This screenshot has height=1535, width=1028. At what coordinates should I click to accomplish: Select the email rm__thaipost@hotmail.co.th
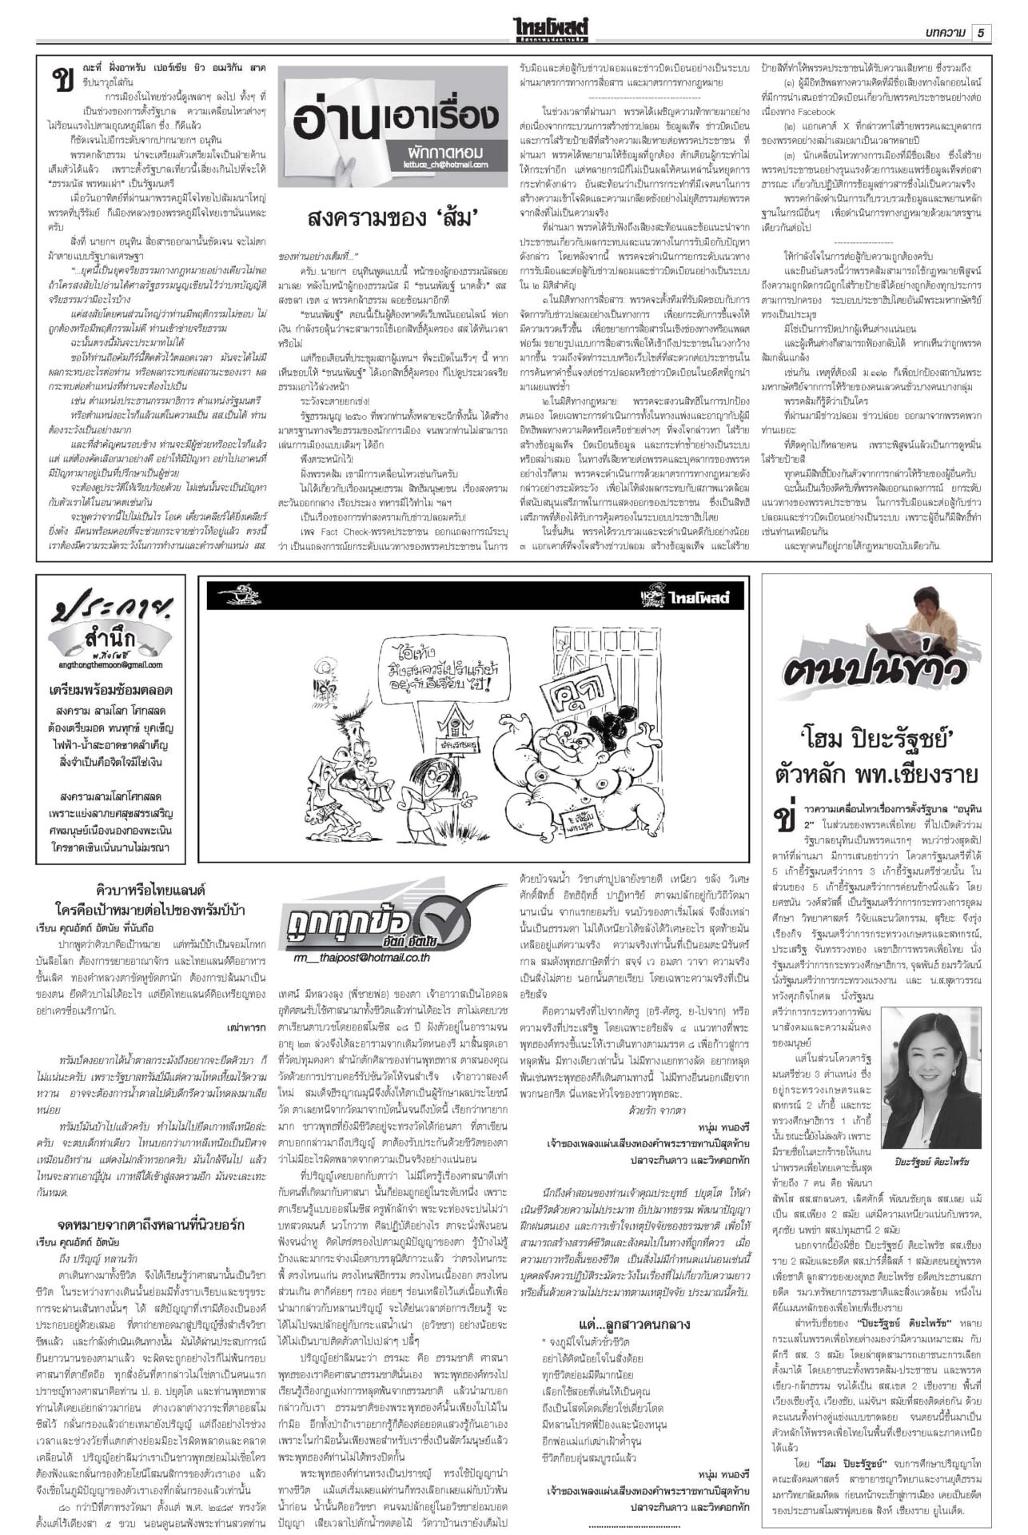[361, 955]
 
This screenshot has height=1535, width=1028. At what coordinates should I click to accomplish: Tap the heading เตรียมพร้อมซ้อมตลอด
[110, 690]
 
